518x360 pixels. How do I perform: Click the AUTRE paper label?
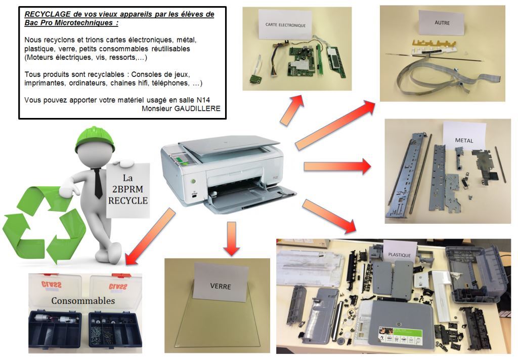pos(442,23)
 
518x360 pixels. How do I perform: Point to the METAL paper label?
pos(464,140)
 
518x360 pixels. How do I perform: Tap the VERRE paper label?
pos(221,285)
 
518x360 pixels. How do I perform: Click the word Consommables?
pos(83,301)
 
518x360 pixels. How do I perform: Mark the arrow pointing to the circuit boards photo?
pos(292,108)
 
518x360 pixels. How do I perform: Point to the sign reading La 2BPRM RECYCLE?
pos(127,189)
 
